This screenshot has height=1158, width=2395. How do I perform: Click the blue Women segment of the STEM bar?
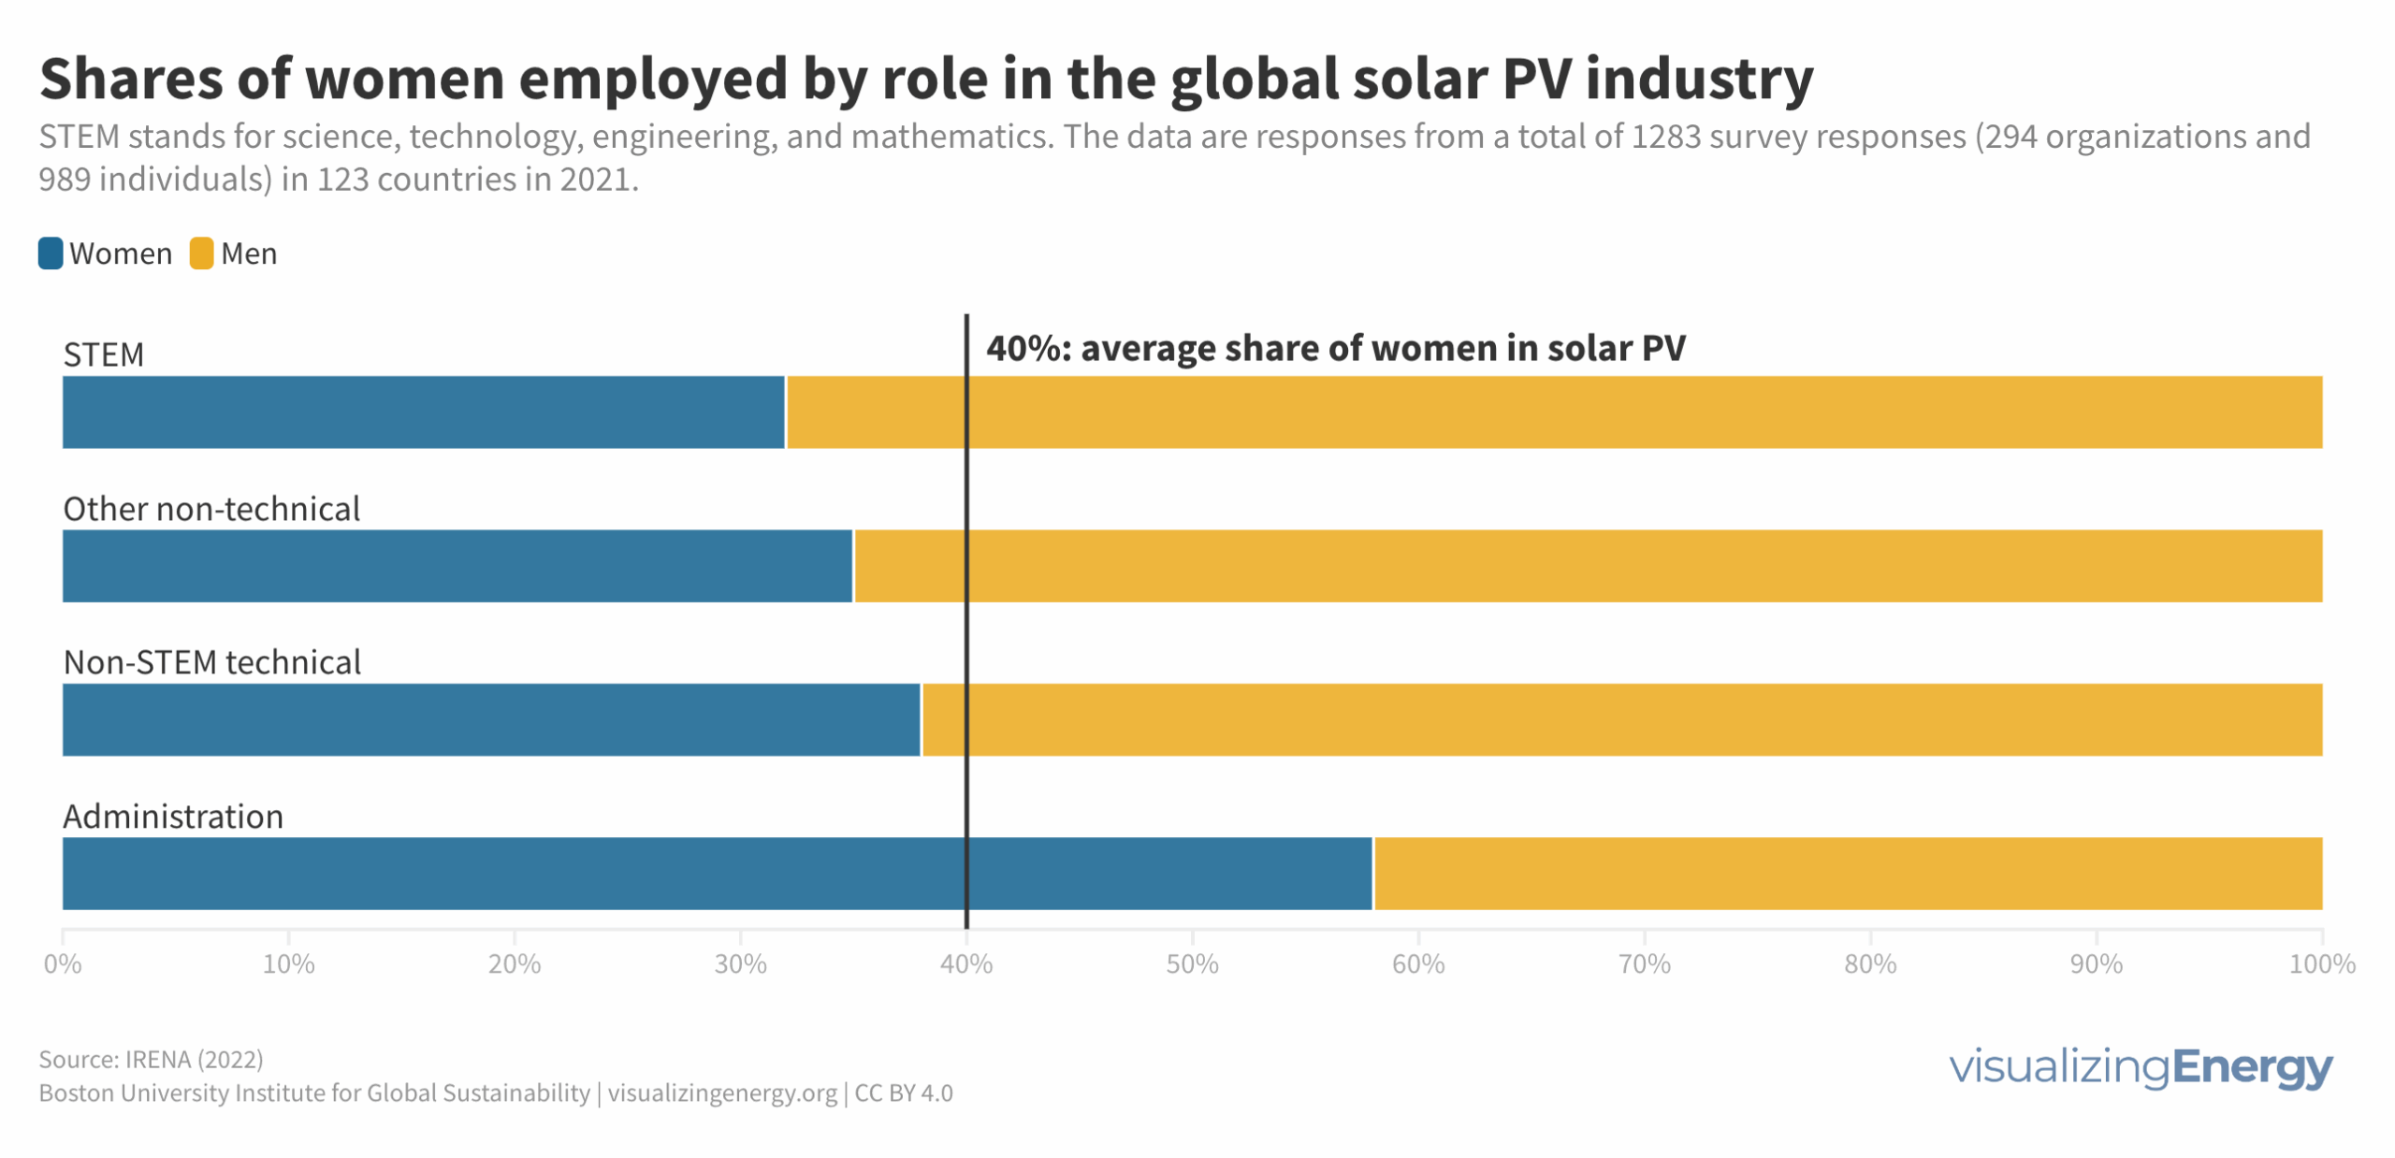pyautogui.click(x=423, y=412)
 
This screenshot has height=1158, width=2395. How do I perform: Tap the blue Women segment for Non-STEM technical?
pyautogui.click(x=491, y=719)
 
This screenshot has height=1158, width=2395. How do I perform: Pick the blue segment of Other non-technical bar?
pyautogui.click(x=457, y=565)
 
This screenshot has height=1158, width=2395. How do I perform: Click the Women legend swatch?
pyautogui.click(x=51, y=253)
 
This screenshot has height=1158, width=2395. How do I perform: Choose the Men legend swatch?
pyautogui.click(x=201, y=253)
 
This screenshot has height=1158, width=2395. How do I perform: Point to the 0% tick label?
pyautogui.click(x=63, y=963)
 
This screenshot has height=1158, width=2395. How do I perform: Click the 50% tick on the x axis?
pyautogui.click(x=1191, y=963)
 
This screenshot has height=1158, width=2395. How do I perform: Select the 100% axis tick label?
pyautogui.click(x=2320, y=963)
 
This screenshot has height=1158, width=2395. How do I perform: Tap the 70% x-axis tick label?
pyautogui.click(x=1644, y=963)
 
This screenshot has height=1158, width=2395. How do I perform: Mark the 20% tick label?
pyautogui.click(x=514, y=963)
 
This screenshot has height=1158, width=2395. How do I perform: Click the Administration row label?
pyautogui.click(x=173, y=817)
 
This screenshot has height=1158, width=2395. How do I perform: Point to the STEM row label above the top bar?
pyautogui.click(x=103, y=355)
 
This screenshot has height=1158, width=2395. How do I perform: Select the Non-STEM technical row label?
pyautogui.click(x=211, y=662)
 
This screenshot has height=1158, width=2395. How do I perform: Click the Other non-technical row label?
pyautogui.click(x=211, y=509)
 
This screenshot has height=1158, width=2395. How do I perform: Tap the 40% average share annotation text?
pyautogui.click(x=1335, y=348)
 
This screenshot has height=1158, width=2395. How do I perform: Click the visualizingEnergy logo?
pyautogui.click(x=2140, y=1066)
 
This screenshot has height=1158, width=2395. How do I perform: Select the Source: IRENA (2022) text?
pyautogui.click(x=151, y=1059)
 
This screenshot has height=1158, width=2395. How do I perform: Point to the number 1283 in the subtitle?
pyautogui.click(x=1664, y=137)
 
